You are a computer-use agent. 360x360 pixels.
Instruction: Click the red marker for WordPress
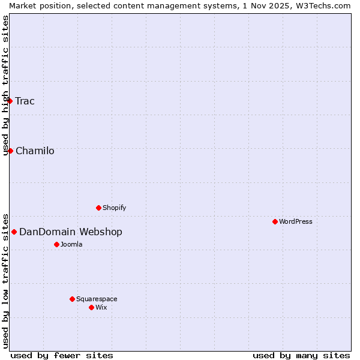pyautogui.click(x=275, y=221)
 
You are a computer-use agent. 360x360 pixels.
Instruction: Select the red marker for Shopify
pyautogui.click(x=98, y=208)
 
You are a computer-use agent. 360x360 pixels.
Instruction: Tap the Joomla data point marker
pyautogui.click(x=56, y=244)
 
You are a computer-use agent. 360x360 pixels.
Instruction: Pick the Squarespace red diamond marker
pyautogui.click(x=72, y=299)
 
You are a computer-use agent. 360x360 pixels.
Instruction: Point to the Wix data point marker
pyautogui.click(x=91, y=307)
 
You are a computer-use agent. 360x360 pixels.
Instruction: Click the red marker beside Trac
pyautogui.click(x=10, y=101)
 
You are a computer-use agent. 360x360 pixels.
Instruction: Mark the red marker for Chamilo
pyautogui.click(x=10, y=151)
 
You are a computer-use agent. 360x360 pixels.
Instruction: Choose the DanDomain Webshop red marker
pyautogui.click(x=14, y=232)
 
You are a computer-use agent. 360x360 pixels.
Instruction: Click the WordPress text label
pyautogui.click(x=296, y=221)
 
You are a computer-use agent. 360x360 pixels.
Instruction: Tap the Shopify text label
pyautogui.click(x=114, y=208)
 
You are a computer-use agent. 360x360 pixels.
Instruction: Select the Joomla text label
pyautogui.click(x=71, y=244)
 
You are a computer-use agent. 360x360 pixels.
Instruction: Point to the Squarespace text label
pyautogui.click(x=97, y=299)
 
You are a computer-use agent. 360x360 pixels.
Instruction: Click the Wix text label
pyautogui.click(x=101, y=307)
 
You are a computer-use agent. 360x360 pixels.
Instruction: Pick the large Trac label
pyautogui.click(x=25, y=101)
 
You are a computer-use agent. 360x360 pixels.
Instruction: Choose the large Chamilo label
pyautogui.click(x=35, y=151)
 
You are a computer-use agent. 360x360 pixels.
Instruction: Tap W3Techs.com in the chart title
pyautogui.click(x=326, y=5)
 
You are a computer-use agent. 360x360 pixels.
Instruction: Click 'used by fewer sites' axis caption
pyautogui.click(x=62, y=355)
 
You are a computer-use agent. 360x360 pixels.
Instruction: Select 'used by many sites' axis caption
pyautogui.click(x=301, y=355)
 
